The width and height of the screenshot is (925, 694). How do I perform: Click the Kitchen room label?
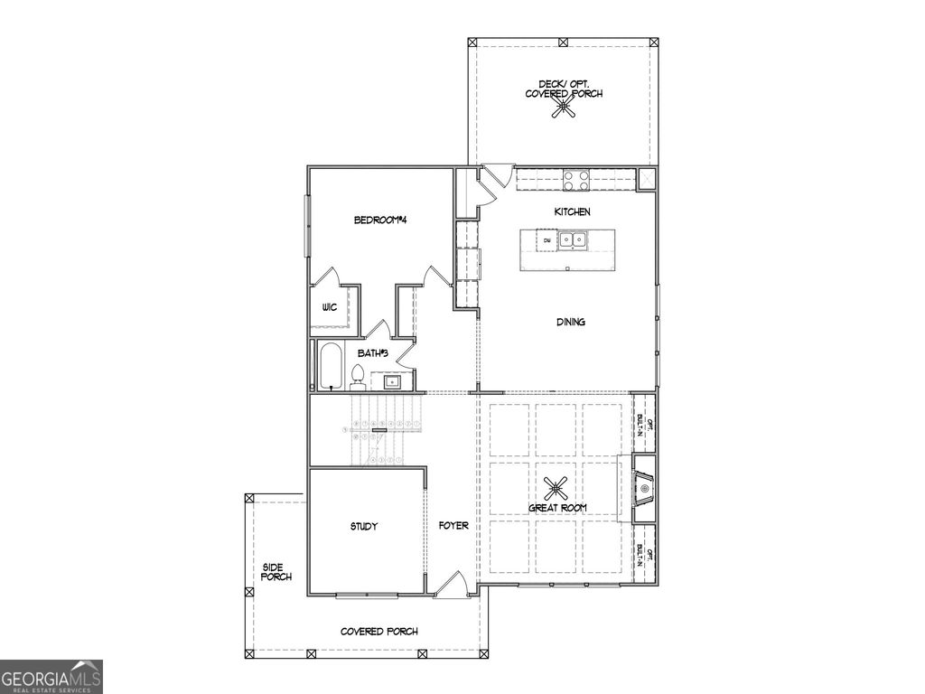tap(572, 211)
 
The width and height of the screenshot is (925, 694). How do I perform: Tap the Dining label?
tap(571, 322)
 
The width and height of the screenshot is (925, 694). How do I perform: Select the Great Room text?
tap(557, 508)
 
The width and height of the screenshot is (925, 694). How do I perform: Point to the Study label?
tap(363, 526)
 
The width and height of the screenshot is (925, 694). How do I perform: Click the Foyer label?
tap(453, 526)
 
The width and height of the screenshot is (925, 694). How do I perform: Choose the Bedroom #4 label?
tap(378, 220)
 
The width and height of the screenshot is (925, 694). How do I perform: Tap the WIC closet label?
tap(329, 307)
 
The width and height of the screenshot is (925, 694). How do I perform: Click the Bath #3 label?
tap(372, 353)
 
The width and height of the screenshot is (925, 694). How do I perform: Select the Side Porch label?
tap(276, 572)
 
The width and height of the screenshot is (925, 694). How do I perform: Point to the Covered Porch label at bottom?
tap(378, 632)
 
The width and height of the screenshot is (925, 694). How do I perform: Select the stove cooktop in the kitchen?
tap(577, 180)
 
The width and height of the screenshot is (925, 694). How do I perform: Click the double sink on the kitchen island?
tap(571, 240)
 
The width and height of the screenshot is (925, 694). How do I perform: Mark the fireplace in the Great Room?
tap(643, 489)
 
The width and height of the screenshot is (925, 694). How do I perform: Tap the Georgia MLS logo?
tap(51, 677)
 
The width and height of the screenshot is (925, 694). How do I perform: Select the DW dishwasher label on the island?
tap(547, 240)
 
